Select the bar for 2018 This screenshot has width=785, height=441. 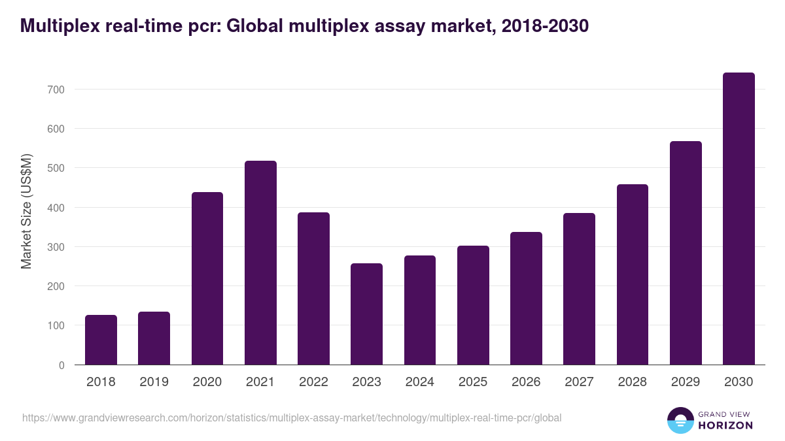click(101, 340)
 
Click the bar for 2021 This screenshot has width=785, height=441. click(260, 263)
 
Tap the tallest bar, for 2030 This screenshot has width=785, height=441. click(739, 219)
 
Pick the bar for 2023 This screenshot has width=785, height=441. click(366, 314)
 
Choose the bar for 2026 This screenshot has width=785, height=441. click(526, 299)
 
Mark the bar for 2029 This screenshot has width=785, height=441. click(686, 253)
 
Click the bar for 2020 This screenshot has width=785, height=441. click(207, 278)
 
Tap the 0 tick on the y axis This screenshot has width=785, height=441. click(61, 365)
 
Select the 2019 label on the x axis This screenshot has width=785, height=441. click(154, 382)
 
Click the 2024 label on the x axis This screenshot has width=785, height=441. click(419, 382)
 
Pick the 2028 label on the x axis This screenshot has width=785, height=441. click(632, 382)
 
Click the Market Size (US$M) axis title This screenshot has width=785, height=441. click(26, 211)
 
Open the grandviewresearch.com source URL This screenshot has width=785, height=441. click(292, 417)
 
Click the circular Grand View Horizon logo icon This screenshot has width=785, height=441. click(680, 420)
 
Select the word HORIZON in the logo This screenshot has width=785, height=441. click(725, 425)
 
